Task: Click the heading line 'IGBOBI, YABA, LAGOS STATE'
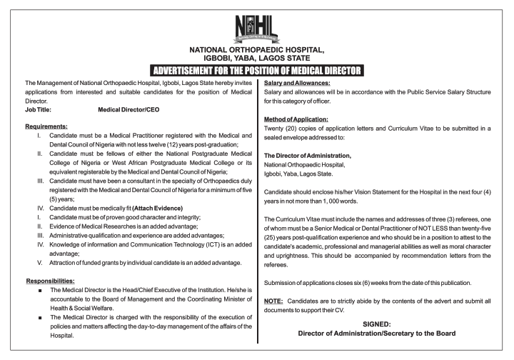(x=256, y=59)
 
